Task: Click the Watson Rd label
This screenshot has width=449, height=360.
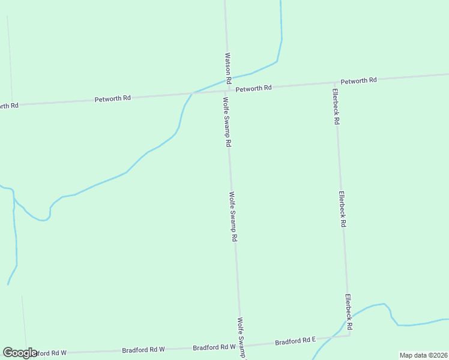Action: coord(228,67)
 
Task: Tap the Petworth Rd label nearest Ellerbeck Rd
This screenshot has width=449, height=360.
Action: coord(358,80)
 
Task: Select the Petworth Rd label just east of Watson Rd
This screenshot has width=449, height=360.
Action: coord(253,88)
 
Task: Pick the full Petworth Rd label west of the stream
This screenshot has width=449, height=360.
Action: coord(112,98)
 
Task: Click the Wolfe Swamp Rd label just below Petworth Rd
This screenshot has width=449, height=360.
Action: coord(227,122)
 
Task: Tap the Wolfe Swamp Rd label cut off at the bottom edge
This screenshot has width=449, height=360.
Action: coord(242,338)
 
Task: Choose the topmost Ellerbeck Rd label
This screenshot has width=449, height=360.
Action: coord(336,106)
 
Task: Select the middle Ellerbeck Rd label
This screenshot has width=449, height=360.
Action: coord(342,208)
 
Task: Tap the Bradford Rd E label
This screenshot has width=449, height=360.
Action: coord(295,341)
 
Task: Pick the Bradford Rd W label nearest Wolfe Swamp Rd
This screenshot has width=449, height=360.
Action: coord(214,347)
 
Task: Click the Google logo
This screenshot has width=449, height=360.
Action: coord(20,353)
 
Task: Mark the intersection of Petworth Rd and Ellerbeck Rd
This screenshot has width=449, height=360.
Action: coord(334,83)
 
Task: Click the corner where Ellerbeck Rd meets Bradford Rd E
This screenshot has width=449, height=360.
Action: coord(349,335)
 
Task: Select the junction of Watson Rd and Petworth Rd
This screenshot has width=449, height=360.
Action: coord(228,90)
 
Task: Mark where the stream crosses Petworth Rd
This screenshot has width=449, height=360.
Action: coord(191,93)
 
